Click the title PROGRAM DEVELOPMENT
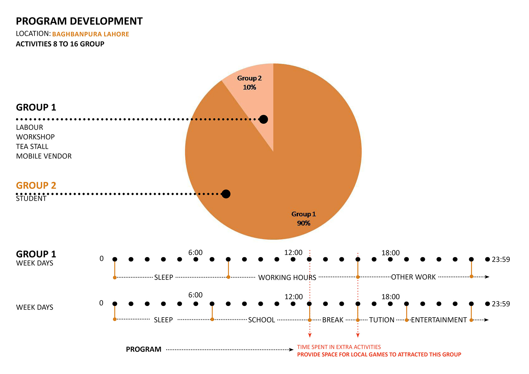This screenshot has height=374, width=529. click(79, 21)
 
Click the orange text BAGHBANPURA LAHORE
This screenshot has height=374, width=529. click(90, 34)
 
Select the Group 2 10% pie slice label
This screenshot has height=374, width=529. click(249, 83)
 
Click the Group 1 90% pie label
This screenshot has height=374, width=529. click(304, 218)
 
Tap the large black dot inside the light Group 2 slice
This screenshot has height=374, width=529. click(263, 119)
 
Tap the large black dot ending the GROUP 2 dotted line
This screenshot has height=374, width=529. click(226, 194)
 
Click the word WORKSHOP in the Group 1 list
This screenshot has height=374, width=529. click(35, 137)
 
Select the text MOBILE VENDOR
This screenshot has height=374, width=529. click(44, 156)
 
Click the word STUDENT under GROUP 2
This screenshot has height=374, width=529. click(31, 199)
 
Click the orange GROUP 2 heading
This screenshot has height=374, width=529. click(36, 185)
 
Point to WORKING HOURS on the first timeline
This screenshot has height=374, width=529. click(287, 277)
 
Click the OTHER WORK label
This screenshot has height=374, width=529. click(413, 277)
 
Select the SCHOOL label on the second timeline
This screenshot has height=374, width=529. click(261, 320)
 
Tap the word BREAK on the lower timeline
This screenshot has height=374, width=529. click(333, 320)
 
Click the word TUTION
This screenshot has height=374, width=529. click(382, 320)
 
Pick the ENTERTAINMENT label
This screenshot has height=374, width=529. click(439, 320)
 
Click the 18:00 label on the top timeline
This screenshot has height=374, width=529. click(390, 253)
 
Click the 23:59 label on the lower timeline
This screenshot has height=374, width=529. click(501, 304)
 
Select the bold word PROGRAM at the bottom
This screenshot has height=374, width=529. click(144, 349)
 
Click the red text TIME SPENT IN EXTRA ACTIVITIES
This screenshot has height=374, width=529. click(339, 347)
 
